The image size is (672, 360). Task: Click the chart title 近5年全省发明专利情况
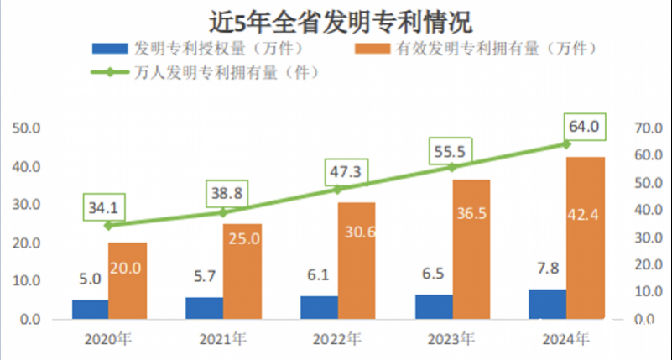point(336,19)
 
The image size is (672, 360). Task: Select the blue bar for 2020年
point(90,310)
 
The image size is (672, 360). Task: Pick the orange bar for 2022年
point(356,261)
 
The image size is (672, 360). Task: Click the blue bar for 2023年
point(434,307)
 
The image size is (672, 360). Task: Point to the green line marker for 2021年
point(223,212)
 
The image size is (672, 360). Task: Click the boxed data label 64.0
point(585,127)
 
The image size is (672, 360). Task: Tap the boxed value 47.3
point(345,172)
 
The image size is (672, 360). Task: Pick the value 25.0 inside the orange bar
point(242,239)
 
